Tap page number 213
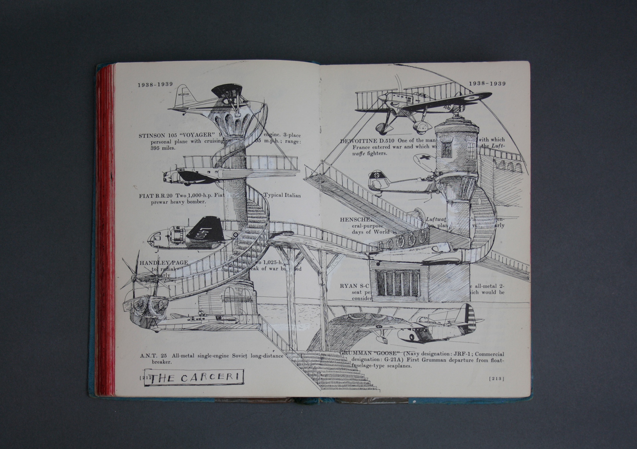click(x=497, y=379)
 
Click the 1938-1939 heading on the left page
click(x=155, y=85)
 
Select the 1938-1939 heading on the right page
click(x=487, y=84)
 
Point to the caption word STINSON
click(x=152, y=135)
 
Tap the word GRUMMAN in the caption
click(x=354, y=353)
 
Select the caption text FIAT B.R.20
click(x=156, y=196)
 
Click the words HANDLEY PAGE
click(x=164, y=263)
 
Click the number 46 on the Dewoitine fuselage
click(x=447, y=107)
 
